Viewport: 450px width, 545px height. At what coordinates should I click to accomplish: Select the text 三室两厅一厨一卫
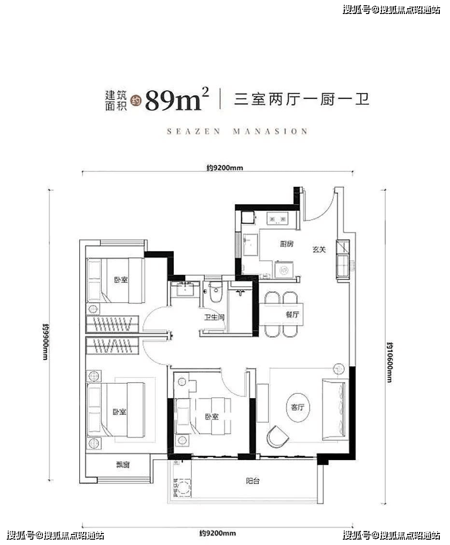pyautogui.click(x=302, y=100)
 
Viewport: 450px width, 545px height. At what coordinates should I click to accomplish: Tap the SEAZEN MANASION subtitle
pyautogui.click(x=237, y=131)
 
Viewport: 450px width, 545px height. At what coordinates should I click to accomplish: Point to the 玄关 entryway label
pyautogui.click(x=319, y=250)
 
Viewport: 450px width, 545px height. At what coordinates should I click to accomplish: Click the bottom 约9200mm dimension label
pyautogui.click(x=218, y=533)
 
